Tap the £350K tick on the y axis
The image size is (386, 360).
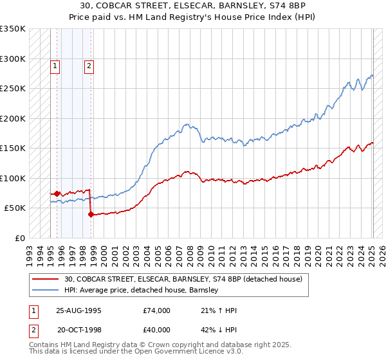(x=13, y=29)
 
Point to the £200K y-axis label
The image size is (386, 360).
(x=13, y=118)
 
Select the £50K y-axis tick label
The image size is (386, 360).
(x=15, y=208)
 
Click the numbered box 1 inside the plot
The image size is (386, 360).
(x=55, y=65)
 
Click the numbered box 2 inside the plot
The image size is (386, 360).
(x=89, y=65)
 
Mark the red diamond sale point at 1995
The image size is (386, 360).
(x=57, y=193)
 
